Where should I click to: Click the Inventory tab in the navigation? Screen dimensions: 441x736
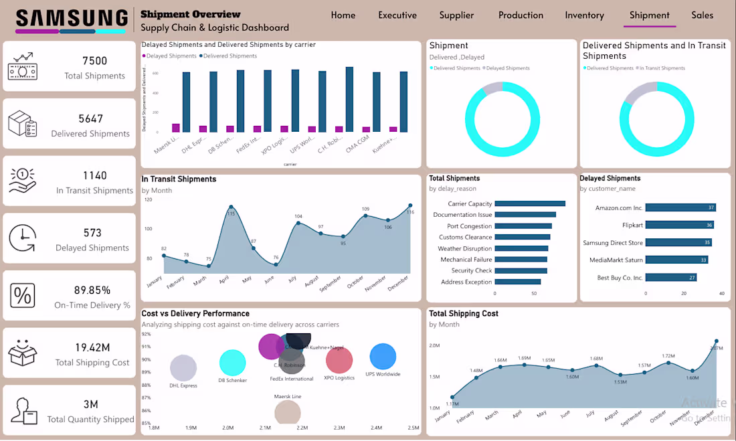point(584,15)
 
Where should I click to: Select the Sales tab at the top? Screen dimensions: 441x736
point(703,15)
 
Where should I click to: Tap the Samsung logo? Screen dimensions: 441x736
point(71,18)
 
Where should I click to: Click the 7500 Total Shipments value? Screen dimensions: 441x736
point(94,61)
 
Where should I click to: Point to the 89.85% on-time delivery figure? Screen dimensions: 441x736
point(92,290)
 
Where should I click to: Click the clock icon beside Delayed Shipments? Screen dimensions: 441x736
point(23,238)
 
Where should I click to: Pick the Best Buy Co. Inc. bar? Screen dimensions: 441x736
point(671,277)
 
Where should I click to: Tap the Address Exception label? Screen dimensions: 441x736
point(466,282)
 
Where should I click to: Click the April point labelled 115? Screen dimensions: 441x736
point(231,207)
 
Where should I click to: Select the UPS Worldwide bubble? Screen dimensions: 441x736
point(383,357)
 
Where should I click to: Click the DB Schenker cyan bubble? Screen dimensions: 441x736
point(233,363)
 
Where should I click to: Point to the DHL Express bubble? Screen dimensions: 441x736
point(183,368)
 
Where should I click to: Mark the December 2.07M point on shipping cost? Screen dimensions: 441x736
point(717,341)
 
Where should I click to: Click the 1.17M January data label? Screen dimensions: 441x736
point(452,404)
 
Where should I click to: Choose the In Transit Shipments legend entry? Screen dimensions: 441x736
point(662,68)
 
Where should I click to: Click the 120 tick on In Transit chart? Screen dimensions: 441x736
point(148,199)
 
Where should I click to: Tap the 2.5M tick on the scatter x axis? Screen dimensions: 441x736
point(413,428)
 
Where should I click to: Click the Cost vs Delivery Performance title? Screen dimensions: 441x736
point(195,313)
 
